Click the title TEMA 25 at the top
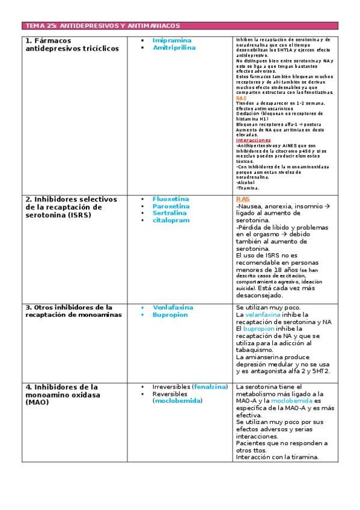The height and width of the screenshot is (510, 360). tap(102, 26)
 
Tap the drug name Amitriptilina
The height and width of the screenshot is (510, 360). tap(174, 48)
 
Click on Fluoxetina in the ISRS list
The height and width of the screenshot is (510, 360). tap(171, 199)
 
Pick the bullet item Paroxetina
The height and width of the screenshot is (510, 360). tap(171, 206)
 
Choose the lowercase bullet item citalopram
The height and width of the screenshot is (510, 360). tap(171, 221)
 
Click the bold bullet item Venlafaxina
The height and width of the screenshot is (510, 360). tap(172, 307)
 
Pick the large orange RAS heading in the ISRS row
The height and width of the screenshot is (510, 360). tap(243, 199)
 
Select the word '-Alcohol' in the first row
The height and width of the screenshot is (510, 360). tap(245, 182)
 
